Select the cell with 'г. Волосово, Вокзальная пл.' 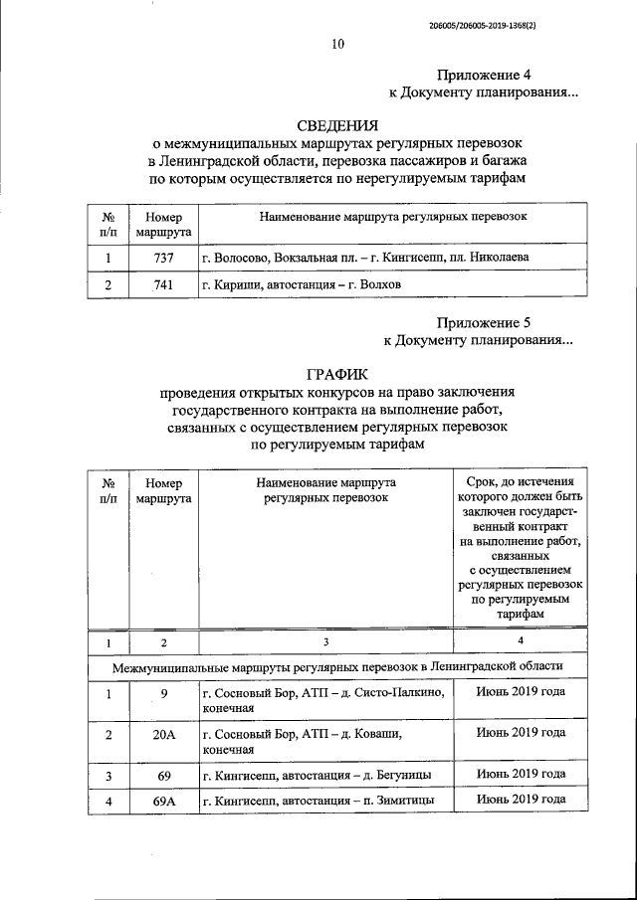click(x=364, y=257)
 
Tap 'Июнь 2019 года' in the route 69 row click(x=521, y=773)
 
